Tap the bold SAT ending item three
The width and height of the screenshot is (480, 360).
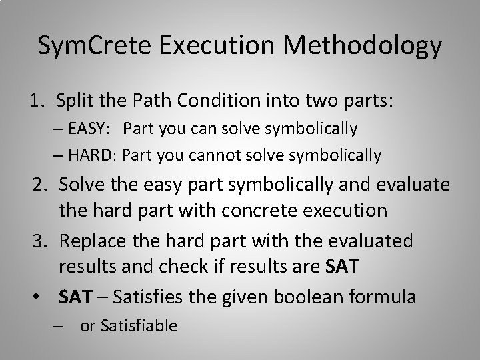(342, 267)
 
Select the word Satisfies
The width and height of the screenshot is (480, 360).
(148, 295)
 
